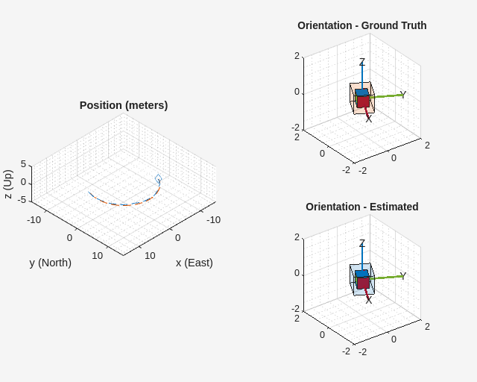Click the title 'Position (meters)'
[x=124, y=105]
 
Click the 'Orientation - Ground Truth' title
[x=361, y=25]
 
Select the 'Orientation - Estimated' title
[x=361, y=207]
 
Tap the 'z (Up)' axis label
[x=8, y=184]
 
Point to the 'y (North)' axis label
[x=51, y=263]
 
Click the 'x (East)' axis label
[x=194, y=263]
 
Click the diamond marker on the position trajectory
[x=158, y=178]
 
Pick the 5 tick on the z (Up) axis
[x=23, y=164]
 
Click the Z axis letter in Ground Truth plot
[x=362, y=62]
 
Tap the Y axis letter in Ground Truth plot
[x=403, y=94]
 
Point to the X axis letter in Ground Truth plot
[x=368, y=119]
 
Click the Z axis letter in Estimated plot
[x=362, y=243]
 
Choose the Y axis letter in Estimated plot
[x=403, y=275]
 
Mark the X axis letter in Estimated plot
[x=368, y=300]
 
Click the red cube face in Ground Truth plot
[x=363, y=101]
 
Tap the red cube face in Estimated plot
[x=363, y=283]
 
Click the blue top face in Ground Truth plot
[x=361, y=93]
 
